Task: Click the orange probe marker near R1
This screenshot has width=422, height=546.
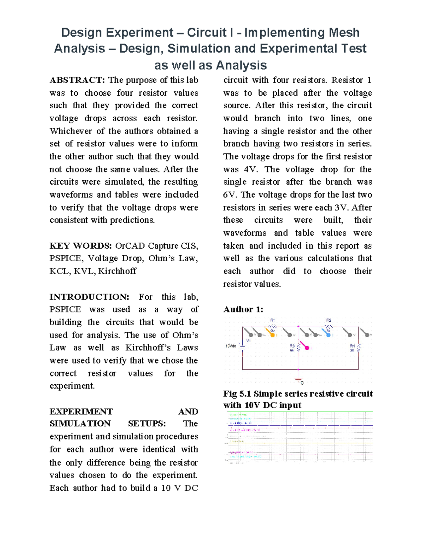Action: tap(271, 334)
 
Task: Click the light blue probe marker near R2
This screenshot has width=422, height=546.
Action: tap(328, 334)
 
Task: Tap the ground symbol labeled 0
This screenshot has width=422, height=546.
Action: tap(299, 381)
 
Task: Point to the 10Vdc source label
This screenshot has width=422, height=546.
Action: tap(230, 346)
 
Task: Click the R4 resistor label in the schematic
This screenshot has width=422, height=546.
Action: tap(352, 346)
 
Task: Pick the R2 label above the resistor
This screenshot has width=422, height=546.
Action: tap(328, 320)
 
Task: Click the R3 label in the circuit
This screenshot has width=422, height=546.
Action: tap(292, 346)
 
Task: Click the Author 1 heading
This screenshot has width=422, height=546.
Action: tap(243, 309)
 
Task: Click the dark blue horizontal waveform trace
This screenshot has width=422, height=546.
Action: tap(316, 426)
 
